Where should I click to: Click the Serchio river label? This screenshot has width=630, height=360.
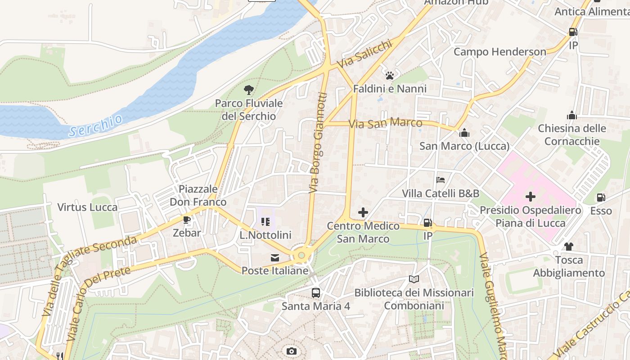click(96, 126)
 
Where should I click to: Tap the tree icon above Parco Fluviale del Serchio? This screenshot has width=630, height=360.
click(248, 90)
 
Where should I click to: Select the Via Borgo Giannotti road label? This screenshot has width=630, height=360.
click(317, 143)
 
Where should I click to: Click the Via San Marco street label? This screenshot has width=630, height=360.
click(386, 122)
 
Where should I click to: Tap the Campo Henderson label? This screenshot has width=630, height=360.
click(499, 52)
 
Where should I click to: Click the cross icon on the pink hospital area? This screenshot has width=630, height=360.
click(531, 197)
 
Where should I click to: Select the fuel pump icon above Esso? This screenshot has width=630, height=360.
click(601, 198)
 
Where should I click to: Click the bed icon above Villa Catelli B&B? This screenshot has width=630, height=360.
click(441, 180)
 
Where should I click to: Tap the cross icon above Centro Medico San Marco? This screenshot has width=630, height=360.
click(363, 212)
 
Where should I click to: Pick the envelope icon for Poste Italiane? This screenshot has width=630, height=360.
click(274, 258)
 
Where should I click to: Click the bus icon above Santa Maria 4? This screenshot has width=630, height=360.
click(316, 293)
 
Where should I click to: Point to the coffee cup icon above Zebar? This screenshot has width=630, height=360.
click(187, 220)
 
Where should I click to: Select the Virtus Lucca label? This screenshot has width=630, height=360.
click(87, 207)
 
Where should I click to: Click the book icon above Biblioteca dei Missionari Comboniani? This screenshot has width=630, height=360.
click(414, 279)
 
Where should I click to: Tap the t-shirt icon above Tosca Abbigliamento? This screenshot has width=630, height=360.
click(568, 246)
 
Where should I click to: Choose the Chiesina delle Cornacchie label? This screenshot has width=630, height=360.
click(571, 135)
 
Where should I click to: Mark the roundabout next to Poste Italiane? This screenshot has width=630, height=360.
click(301, 255)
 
